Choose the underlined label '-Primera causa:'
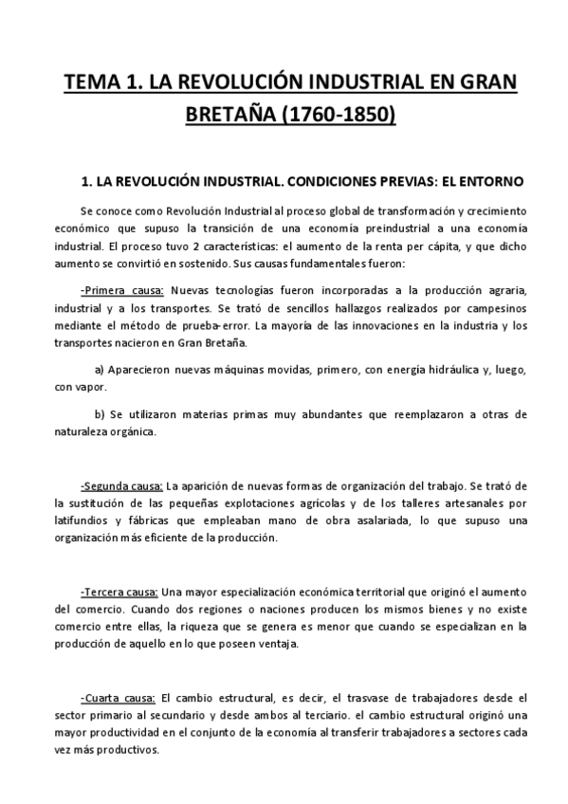[122, 290]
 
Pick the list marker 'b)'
[101, 414]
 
